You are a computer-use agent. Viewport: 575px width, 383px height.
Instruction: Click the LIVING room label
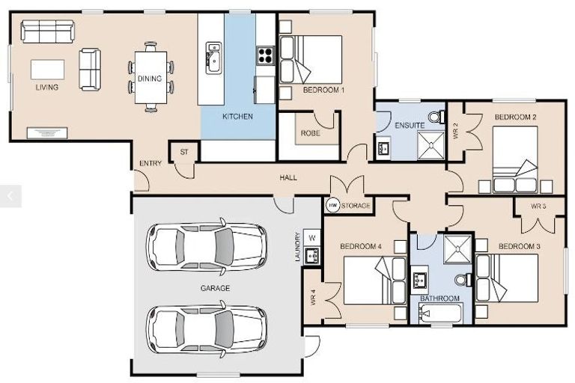point(46,88)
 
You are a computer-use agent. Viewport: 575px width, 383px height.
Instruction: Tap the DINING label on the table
point(150,79)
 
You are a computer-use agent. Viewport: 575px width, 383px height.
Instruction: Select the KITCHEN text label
point(237,117)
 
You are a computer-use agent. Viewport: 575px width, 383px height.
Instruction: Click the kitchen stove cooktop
point(265,54)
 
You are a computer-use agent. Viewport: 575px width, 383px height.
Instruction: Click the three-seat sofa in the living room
point(47,31)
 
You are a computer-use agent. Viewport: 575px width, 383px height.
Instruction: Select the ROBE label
point(311,133)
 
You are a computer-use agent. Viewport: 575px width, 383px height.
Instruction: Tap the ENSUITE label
point(410,125)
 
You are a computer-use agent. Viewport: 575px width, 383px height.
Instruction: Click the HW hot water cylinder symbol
point(332,205)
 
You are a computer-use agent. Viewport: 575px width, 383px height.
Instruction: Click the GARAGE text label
point(215,288)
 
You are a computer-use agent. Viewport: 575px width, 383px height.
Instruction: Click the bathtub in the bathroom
point(439,315)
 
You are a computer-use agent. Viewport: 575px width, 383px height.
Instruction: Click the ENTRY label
point(150,164)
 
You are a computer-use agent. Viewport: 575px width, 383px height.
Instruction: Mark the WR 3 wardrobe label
point(538,206)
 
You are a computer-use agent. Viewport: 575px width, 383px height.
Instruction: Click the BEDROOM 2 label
point(515,117)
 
